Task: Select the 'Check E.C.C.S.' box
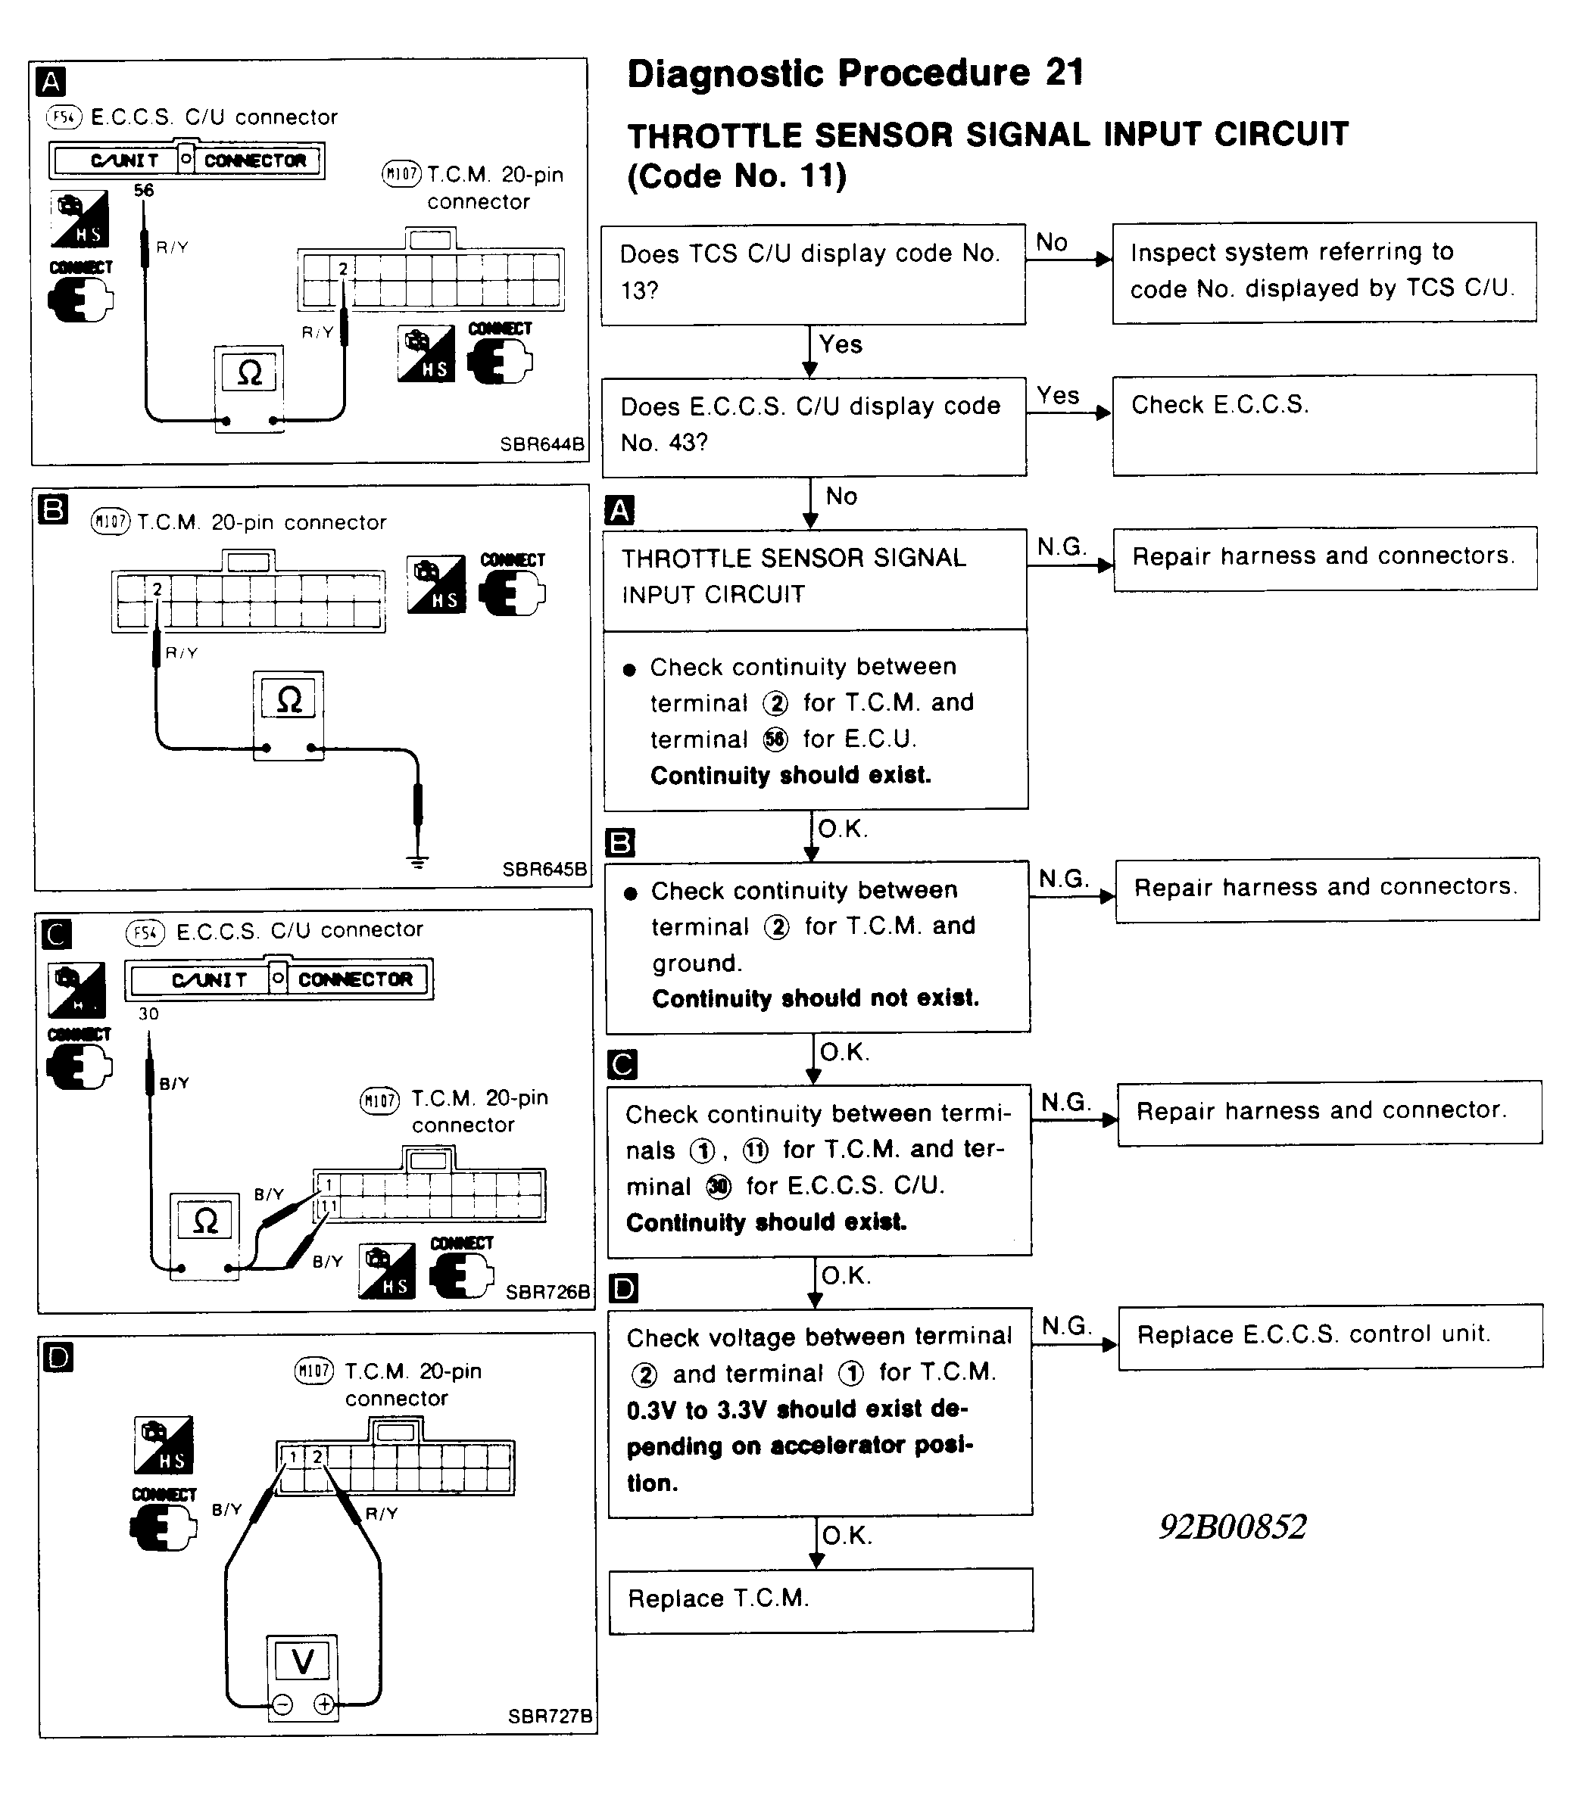(1324, 425)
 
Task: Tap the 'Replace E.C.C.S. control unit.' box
(1330, 1335)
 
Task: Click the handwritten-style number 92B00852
(1233, 1527)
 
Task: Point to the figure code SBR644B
(541, 444)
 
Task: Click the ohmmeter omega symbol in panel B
(289, 700)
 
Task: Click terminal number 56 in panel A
(144, 190)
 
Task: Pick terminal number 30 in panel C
(148, 1013)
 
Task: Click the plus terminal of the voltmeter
(323, 1704)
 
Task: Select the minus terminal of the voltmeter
(282, 1704)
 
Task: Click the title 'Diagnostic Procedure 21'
(856, 73)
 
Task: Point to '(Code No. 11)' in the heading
(737, 176)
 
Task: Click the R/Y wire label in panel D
(382, 1514)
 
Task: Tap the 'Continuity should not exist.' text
(815, 999)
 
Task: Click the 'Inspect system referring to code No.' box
(1323, 271)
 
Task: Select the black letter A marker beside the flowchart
(619, 510)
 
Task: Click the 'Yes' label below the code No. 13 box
(841, 344)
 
